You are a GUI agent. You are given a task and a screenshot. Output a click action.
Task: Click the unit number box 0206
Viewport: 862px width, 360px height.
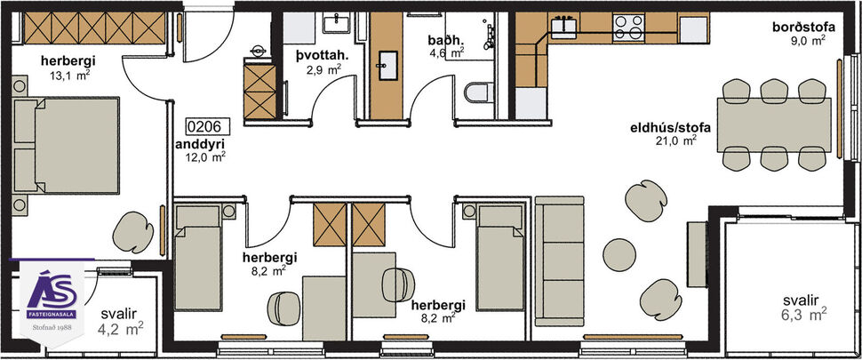[x=203, y=127]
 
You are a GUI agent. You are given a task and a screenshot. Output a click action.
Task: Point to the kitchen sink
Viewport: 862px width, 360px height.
[x=564, y=27]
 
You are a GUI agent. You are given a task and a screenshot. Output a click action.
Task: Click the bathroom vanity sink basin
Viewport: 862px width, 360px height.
[x=388, y=62]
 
